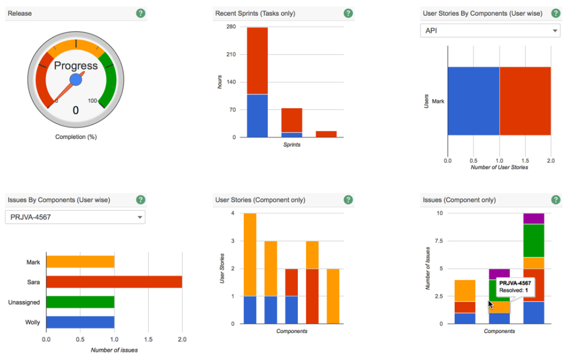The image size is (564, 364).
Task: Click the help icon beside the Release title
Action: point(140,13)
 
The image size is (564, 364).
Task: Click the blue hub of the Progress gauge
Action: point(76,79)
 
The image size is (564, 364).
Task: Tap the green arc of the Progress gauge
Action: point(108,79)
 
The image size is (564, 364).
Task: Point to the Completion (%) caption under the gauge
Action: point(76,137)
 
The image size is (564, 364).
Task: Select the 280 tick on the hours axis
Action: point(231,27)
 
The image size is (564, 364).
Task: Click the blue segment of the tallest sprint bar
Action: point(257,116)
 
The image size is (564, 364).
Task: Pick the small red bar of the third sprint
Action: point(326,134)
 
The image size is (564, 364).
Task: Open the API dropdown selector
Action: point(490,31)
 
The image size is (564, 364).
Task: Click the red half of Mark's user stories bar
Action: point(525,101)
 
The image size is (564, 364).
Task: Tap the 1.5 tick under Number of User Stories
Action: point(525,160)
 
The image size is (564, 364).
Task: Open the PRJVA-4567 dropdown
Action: point(75,217)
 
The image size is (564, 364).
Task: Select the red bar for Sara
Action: point(114,282)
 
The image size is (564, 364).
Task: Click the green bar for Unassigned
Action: point(80,302)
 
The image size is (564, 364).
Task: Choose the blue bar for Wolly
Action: point(80,322)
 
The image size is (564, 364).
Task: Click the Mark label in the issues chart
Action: point(33,262)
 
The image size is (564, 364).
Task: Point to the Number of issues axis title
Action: point(114,350)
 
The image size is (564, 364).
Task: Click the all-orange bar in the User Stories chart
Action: point(333,296)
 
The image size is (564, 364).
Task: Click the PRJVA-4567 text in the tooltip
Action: point(515,283)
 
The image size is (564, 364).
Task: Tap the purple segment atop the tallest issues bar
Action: point(533,218)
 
